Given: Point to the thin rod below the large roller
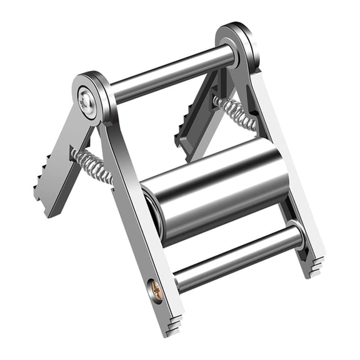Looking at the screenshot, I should (x=237, y=256).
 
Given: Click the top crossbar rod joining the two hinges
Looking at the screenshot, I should (x=172, y=74).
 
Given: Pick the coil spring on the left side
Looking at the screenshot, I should (x=92, y=166).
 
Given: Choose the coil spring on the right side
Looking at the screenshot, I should (x=234, y=112).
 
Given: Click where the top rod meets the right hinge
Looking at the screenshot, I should (x=230, y=57).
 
